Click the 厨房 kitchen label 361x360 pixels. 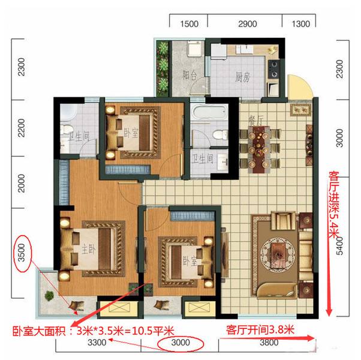coord(243,76)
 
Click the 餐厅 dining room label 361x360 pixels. coord(253,119)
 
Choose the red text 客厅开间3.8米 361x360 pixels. coord(260,329)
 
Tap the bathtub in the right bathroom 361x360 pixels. coord(208,114)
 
